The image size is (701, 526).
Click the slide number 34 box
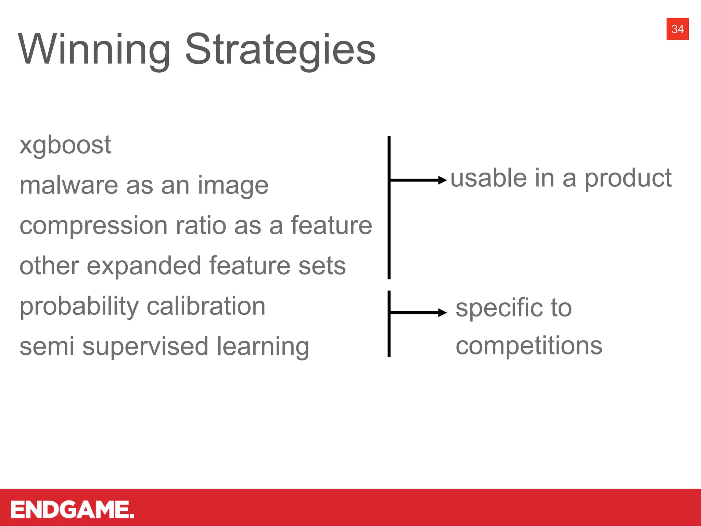[x=677, y=29]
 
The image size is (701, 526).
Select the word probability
[x=79, y=306]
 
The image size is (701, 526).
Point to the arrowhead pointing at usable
[x=443, y=180]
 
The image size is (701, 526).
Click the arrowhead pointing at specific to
[x=443, y=312]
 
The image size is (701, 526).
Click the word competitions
[x=529, y=346]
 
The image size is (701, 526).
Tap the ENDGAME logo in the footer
[x=72, y=509]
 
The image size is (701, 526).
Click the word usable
[x=488, y=178]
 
